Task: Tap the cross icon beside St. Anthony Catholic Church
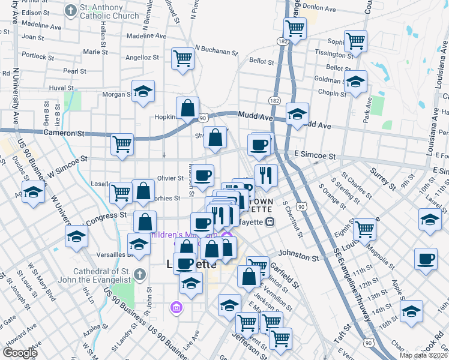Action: [x=71, y=11]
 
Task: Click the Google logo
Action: [x=20, y=353]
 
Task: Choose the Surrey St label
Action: [x=384, y=178]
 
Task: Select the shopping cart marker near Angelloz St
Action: [x=182, y=58]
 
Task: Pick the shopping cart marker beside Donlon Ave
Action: [x=295, y=27]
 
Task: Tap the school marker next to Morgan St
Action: [x=143, y=91]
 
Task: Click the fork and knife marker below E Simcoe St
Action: [x=266, y=175]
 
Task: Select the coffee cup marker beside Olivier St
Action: [x=203, y=175]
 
